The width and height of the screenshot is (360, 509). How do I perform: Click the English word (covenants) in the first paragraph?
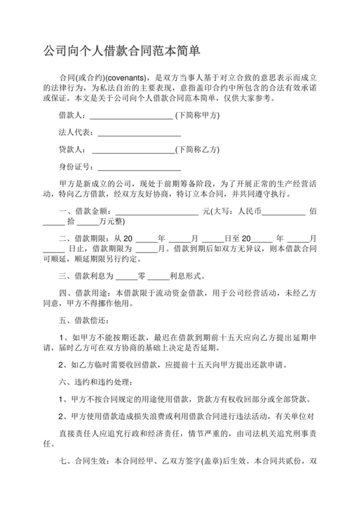coord(121,76)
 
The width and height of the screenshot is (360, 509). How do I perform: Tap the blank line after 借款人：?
coord(131,117)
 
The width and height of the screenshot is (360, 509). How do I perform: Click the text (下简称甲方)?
coord(197,116)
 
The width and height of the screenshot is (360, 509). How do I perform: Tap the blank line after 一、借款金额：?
coord(157,211)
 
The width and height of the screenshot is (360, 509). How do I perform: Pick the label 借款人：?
coord(71,116)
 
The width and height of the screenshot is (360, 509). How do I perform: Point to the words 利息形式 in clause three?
coord(184,277)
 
